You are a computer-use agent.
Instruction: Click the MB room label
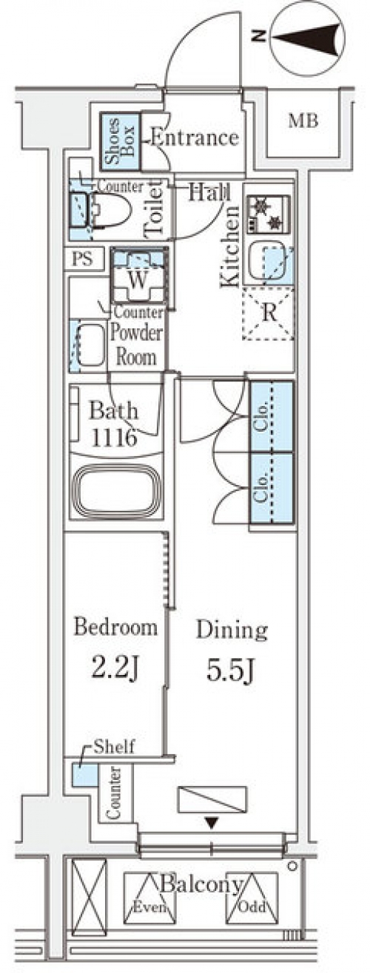click(x=303, y=121)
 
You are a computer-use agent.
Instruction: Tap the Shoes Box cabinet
click(x=121, y=142)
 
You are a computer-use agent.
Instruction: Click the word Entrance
click(x=195, y=138)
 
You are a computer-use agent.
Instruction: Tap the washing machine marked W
click(x=138, y=274)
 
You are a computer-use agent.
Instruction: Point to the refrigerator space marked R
click(x=269, y=313)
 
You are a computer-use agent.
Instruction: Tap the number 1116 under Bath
click(x=114, y=438)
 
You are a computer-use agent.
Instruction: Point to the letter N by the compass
click(x=260, y=36)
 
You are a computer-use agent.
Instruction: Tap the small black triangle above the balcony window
click(x=212, y=823)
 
